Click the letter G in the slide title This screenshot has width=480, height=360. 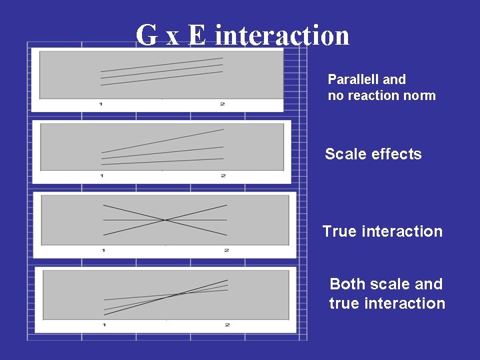(147, 35)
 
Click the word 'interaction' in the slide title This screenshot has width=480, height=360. (282, 35)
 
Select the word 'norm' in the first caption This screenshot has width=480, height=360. (419, 95)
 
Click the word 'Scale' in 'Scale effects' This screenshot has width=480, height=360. (345, 154)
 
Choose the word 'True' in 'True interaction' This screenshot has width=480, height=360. (340, 231)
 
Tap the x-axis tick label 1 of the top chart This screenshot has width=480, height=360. (101, 104)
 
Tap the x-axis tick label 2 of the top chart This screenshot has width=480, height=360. (222, 104)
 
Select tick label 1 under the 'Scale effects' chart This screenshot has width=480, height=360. (101, 175)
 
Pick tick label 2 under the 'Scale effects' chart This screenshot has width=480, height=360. (223, 175)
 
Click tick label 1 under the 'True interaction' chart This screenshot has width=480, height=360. (103, 250)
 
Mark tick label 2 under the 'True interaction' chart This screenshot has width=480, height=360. (227, 250)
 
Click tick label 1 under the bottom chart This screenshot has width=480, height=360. (104, 325)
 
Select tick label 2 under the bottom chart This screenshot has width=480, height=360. (227, 325)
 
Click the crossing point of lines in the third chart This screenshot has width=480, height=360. (165, 220)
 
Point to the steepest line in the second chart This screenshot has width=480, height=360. (163, 141)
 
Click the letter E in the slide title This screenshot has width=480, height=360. (197, 35)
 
